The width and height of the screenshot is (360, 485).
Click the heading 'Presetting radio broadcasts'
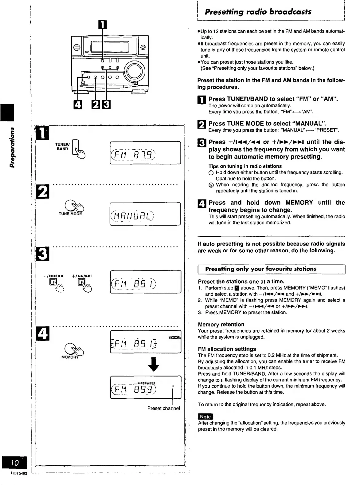tap(258, 12)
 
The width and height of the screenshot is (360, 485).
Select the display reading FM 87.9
tap(145, 153)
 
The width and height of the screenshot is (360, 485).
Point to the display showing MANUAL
tap(145, 214)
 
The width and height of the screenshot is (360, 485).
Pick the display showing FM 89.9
tap(145, 387)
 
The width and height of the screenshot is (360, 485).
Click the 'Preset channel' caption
tap(163, 408)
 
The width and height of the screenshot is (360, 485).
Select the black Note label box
tap(205, 416)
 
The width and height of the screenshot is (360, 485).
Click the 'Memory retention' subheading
tap(221, 324)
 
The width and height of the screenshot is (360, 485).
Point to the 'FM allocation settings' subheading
tap(227, 349)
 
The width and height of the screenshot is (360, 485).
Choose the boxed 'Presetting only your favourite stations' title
tap(261, 269)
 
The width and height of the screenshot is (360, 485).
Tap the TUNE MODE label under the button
tap(70, 214)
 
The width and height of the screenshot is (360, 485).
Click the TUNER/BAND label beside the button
tap(63, 146)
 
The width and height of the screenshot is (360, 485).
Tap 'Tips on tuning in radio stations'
tap(245, 166)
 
